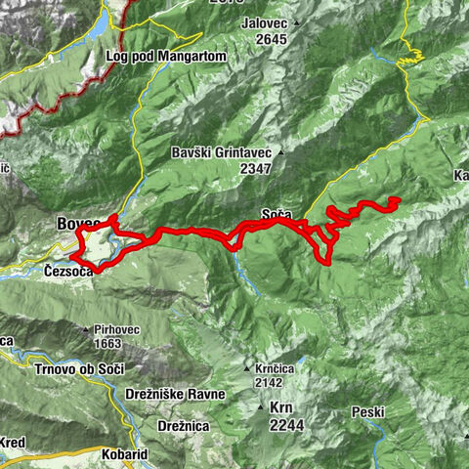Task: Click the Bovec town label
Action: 73,223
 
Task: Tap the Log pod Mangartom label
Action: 166,57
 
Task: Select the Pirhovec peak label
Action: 123,330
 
